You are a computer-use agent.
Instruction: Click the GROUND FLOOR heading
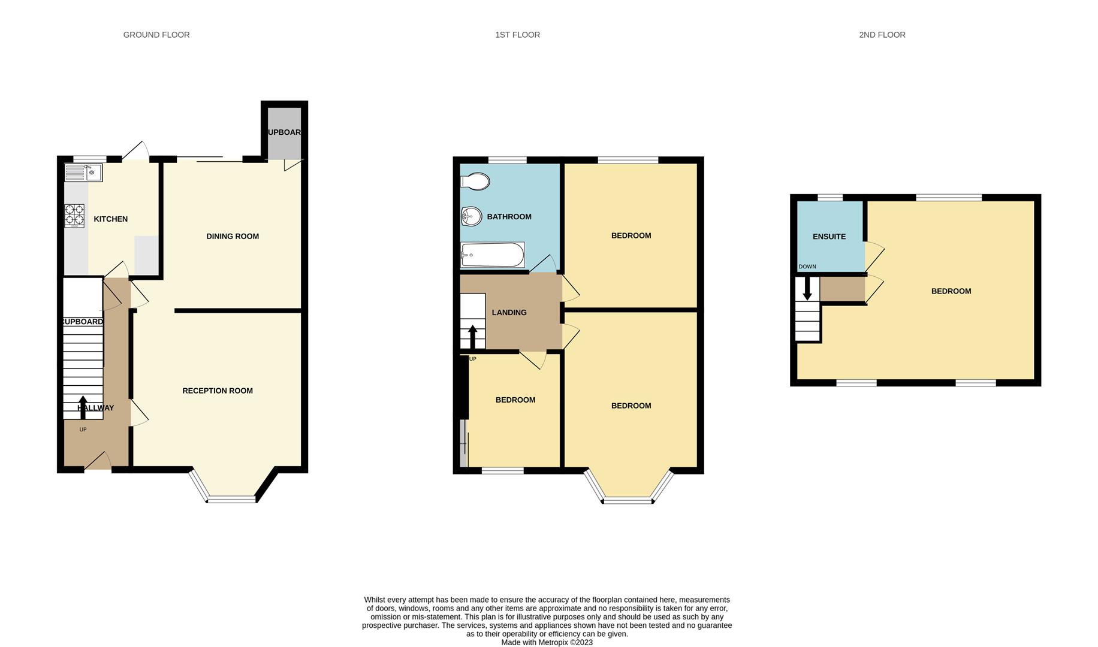[x=156, y=35]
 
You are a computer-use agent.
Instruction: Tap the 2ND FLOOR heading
[x=882, y=35]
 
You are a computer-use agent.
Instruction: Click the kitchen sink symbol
[x=84, y=173]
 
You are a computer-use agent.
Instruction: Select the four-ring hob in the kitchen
[x=74, y=216]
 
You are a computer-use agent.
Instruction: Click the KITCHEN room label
[x=111, y=219]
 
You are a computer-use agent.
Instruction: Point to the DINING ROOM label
[x=233, y=237]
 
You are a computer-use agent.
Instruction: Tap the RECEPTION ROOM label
[x=218, y=391]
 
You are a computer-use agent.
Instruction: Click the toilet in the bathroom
[x=476, y=181]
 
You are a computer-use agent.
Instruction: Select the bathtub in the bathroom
[x=493, y=255]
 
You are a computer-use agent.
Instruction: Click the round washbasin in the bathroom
[x=472, y=216]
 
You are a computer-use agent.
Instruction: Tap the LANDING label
[x=509, y=313]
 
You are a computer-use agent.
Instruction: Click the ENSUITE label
[x=829, y=237]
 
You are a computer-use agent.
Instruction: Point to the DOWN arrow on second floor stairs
[x=807, y=288]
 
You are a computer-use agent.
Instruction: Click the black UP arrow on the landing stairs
[x=472, y=336]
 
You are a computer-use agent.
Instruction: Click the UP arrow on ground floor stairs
[x=83, y=407]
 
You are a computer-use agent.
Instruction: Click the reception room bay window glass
[x=231, y=499]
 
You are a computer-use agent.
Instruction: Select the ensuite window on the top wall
[x=829, y=197]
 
